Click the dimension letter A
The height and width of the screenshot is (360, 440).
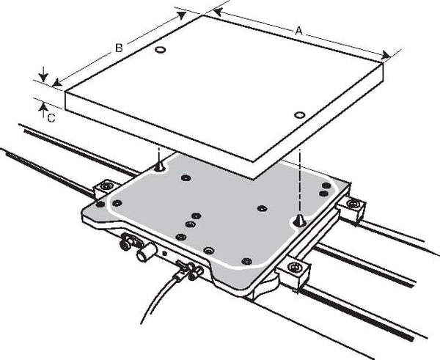299,31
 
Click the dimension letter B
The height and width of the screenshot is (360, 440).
119,48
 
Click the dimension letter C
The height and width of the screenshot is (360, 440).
51,118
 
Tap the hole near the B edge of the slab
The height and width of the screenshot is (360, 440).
160,50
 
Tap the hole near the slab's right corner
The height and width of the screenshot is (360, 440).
300,115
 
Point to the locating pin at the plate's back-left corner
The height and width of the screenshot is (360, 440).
159,166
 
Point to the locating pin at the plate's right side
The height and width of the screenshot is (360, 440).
299,220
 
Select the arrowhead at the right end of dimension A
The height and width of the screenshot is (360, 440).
386,55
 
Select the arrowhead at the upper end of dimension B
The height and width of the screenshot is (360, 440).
181,15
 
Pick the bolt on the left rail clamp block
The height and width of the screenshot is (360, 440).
105,185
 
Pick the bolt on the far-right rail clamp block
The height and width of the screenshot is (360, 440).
353,203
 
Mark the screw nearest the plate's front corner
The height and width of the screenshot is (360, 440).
246,261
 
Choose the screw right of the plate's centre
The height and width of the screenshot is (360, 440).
262,208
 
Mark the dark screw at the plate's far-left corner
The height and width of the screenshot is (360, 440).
100,204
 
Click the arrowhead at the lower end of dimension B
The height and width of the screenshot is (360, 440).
57,82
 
